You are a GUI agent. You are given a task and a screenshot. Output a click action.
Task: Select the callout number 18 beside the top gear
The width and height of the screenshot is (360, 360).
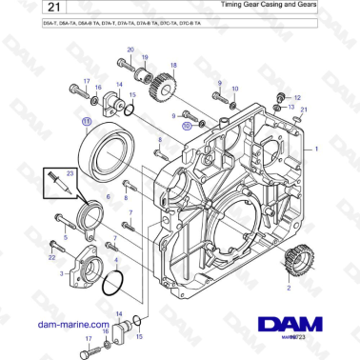(173, 65)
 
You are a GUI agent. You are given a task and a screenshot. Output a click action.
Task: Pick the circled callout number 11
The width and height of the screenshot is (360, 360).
(86, 122)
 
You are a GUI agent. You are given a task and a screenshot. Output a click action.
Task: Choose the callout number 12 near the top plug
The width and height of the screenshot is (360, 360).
(296, 98)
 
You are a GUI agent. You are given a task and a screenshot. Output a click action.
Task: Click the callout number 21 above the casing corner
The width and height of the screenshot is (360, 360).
(304, 111)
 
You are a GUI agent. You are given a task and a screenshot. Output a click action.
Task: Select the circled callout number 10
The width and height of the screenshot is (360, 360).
(189, 124)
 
